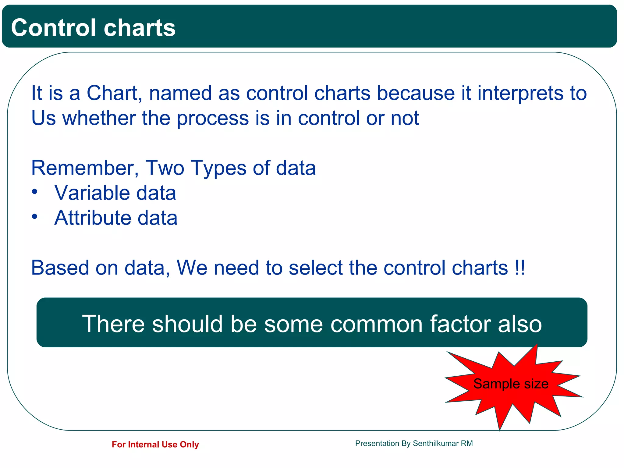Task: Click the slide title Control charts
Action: pyautogui.click(x=93, y=28)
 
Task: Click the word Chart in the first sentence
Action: pyautogui.click(x=112, y=93)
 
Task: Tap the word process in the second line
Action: pyautogui.click(x=213, y=118)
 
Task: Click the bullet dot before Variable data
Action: pyautogui.click(x=35, y=192)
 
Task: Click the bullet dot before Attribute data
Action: pyautogui.click(x=35, y=217)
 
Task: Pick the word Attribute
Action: pyautogui.click(x=93, y=218)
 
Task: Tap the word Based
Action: pyautogui.click(x=60, y=268)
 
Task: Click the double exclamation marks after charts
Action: pyautogui.click(x=519, y=268)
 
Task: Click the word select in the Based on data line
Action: pyautogui.click(x=316, y=268)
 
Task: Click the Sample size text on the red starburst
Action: pyautogui.click(x=511, y=384)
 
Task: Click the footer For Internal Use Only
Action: pyautogui.click(x=155, y=445)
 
